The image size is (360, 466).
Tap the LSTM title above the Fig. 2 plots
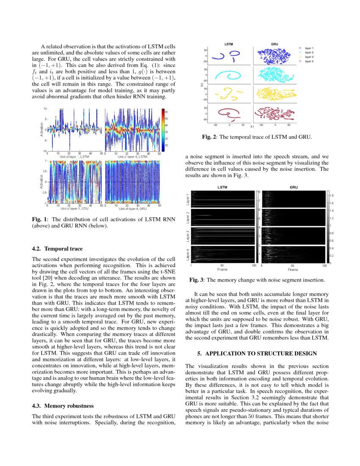coord(229,44)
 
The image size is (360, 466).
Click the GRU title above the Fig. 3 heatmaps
coord(294,187)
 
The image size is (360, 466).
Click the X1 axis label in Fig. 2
coord(252,126)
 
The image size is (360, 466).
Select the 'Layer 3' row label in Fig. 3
coord(188,236)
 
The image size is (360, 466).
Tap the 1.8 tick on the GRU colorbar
coord(332,195)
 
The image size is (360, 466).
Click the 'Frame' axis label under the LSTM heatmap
coord(222,269)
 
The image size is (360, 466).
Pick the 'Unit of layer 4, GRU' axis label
coord(133,209)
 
